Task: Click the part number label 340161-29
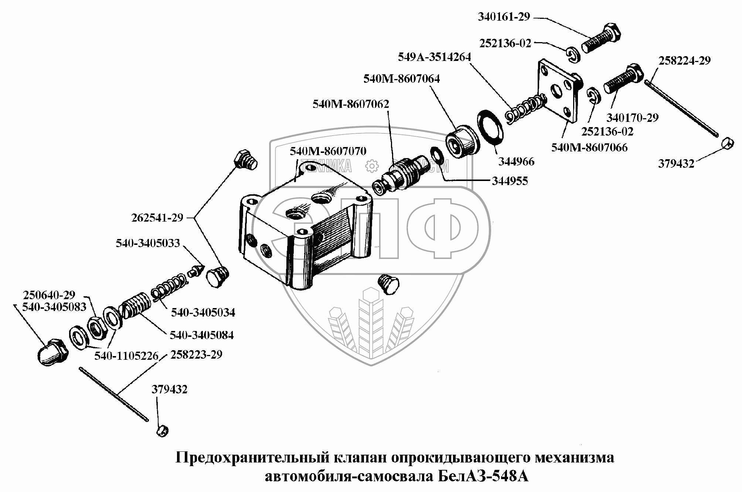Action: [504, 17]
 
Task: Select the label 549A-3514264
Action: [434, 57]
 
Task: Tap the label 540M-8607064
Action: [401, 79]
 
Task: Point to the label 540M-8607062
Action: [351, 104]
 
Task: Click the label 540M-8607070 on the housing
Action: [328, 151]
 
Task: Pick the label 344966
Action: [516, 161]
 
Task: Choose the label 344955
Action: [510, 181]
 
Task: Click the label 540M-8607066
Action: [589, 148]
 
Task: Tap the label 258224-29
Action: [684, 61]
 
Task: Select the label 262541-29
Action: [157, 218]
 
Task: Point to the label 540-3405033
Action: [147, 243]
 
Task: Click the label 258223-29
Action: [196, 355]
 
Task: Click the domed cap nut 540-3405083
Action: [52, 352]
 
